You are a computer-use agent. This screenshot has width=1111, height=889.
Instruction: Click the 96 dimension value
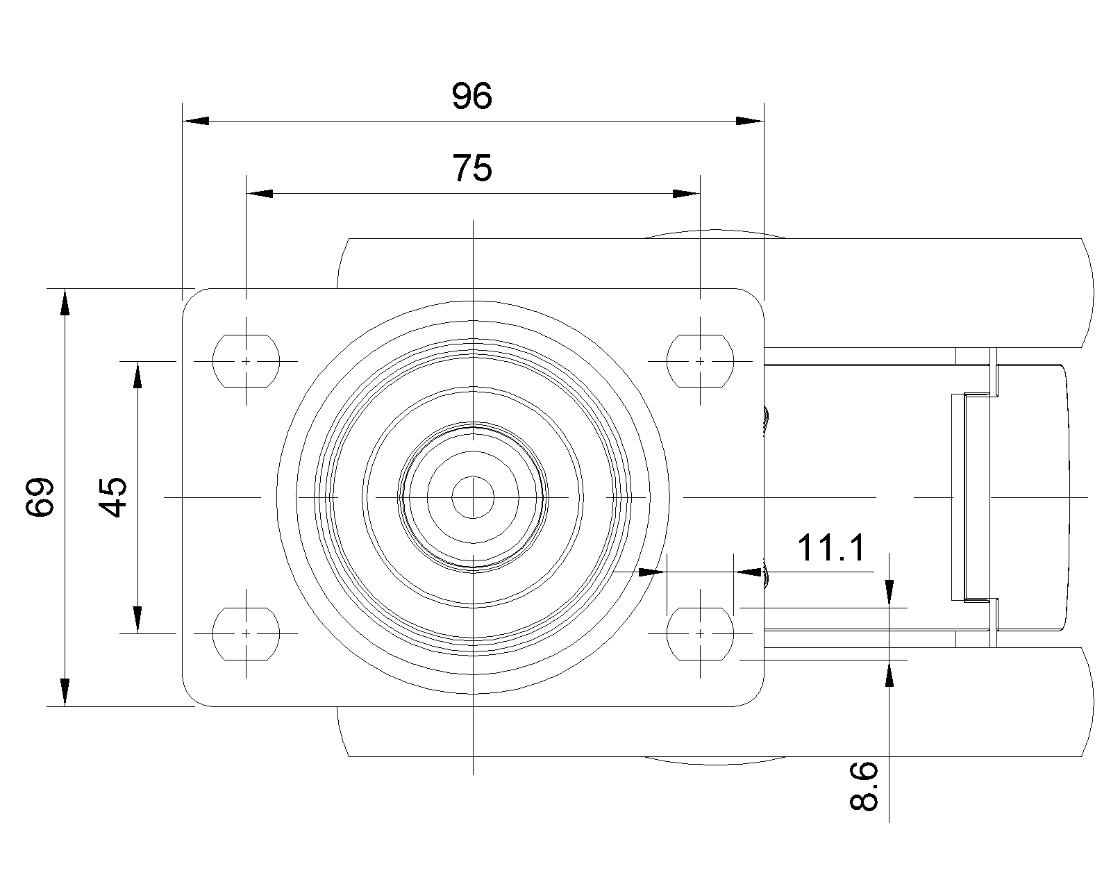click(471, 96)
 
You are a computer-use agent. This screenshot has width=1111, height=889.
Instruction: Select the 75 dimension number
click(472, 168)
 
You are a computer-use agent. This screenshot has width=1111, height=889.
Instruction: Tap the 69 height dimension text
click(40, 497)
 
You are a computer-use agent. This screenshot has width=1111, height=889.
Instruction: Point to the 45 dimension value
click(112, 497)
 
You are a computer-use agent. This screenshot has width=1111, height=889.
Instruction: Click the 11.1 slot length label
click(831, 548)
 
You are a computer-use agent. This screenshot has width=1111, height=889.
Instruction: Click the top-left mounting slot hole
click(246, 361)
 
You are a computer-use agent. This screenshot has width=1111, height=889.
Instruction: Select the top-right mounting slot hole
click(700, 361)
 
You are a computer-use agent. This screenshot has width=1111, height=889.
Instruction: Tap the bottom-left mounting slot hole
click(246, 633)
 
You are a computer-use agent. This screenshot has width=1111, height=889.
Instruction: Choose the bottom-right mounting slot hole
click(700, 633)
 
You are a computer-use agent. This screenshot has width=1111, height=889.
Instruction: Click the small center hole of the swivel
click(473, 497)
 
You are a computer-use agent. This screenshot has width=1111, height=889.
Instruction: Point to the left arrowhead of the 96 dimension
click(194, 121)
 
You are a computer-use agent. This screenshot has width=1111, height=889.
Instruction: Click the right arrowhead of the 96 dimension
click(751, 121)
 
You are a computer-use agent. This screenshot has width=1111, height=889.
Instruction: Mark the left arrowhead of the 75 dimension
click(260, 193)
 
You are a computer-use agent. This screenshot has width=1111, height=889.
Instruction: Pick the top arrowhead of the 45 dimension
click(137, 375)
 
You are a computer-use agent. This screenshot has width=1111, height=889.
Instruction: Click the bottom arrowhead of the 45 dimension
click(137, 620)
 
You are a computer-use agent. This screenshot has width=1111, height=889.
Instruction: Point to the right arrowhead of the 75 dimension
click(687, 193)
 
